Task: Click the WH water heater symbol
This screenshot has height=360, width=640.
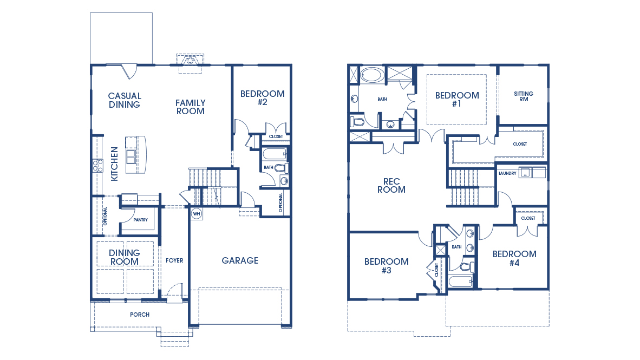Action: (x=196, y=213)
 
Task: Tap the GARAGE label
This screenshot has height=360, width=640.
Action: (x=240, y=260)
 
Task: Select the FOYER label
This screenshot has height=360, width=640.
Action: (x=174, y=260)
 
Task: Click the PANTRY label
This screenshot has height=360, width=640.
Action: (x=140, y=220)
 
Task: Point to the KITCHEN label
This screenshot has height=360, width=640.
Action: (x=114, y=164)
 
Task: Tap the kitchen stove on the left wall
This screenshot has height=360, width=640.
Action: (x=98, y=165)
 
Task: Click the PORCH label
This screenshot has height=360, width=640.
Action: (x=140, y=315)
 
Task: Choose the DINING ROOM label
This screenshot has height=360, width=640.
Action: (x=124, y=257)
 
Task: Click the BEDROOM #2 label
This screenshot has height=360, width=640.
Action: (x=262, y=97)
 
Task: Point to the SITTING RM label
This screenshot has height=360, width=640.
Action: (x=523, y=96)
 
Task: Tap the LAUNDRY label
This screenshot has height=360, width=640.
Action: (x=507, y=174)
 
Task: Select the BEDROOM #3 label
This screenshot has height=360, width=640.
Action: (x=386, y=266)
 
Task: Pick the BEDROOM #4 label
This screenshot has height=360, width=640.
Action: (x=514, y=258)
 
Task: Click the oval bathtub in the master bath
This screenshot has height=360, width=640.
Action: (x=371, y=74)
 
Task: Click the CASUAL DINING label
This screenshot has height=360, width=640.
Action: (x=125, y=100)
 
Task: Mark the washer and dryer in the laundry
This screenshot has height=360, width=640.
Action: (x=533, y=172)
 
